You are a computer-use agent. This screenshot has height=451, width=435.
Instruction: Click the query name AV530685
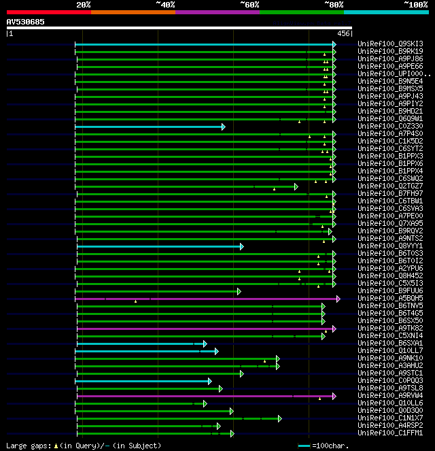coord(26,22)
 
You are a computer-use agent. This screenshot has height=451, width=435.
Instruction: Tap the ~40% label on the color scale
coord(165,4)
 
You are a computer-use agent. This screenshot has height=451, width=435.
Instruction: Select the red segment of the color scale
coord(48,12)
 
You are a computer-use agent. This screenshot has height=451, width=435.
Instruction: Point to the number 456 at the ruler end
coord(343,33)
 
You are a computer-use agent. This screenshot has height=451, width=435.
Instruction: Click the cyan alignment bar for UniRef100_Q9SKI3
coord(204,44)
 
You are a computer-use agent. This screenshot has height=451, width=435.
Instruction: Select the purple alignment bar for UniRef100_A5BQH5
coord(204,299)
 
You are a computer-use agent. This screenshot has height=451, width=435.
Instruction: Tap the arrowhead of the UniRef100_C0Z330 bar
coord(223,127)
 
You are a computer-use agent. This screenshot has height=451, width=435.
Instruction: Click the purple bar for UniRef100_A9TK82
coord(204,329)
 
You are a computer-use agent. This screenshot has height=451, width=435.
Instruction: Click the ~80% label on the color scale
coord(333,4)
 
